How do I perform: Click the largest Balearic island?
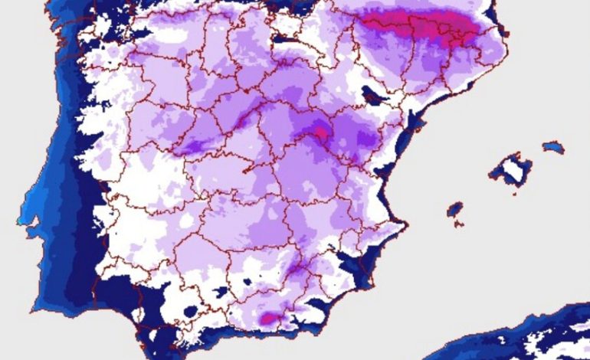coord(510,169)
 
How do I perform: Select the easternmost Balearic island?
coord(552,146)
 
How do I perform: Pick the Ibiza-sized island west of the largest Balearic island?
coord(455,208)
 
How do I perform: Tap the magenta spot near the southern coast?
coord(270,317)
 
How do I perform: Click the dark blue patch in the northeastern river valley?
coord(373,97)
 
